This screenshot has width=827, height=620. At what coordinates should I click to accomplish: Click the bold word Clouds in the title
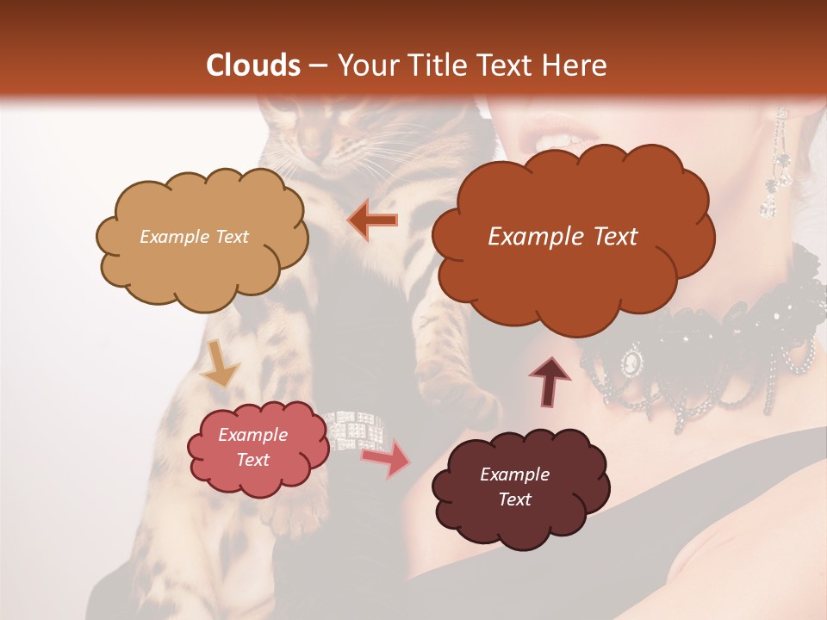point(253,65)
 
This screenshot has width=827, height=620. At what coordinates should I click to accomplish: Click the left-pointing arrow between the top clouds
point(372,220)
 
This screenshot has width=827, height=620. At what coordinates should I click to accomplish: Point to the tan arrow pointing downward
point(220,363)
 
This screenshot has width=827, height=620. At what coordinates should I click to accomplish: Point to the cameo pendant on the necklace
point(633,359)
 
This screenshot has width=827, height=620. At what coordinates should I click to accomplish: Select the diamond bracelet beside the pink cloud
point(354,430)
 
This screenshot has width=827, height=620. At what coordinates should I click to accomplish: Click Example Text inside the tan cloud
point(194,237)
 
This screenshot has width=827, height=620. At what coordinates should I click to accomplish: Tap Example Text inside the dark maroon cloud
point(514,487)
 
